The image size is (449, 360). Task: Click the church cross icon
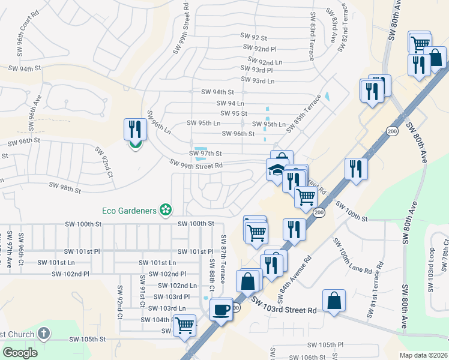pos(43,333)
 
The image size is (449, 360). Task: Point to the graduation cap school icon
pos(277,170)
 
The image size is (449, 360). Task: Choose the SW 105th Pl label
pos(325,345)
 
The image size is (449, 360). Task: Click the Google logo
pos(20,352)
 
